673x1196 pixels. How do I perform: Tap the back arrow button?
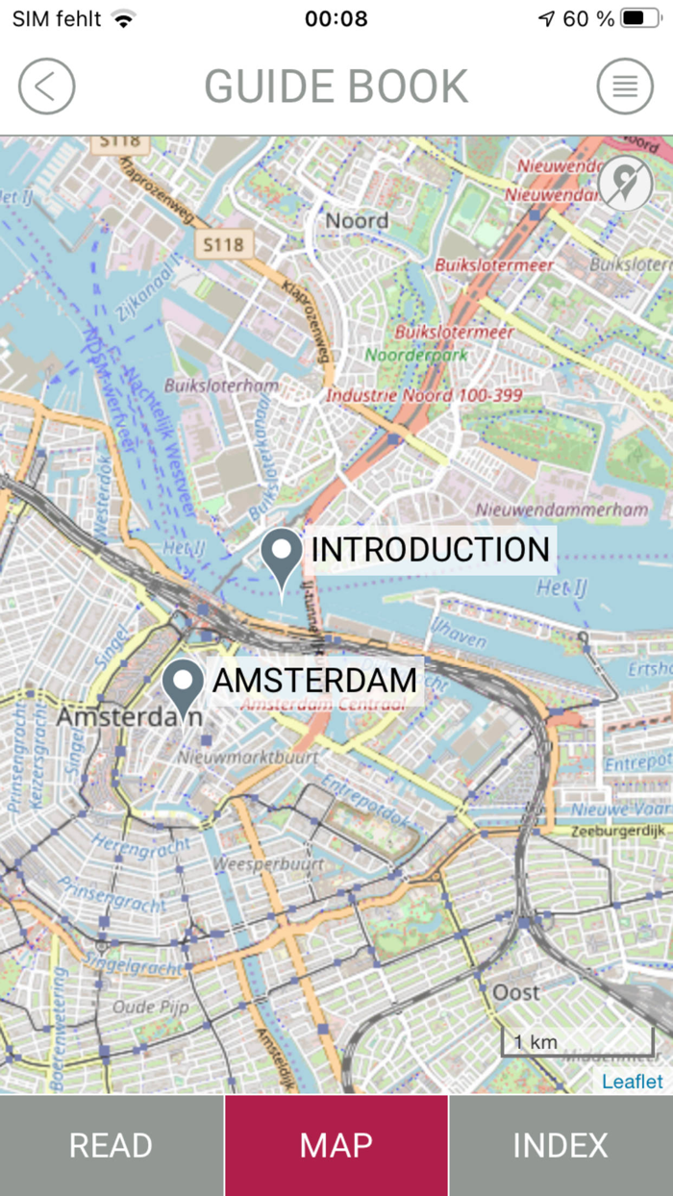pyautogui.click(x=46, y=87)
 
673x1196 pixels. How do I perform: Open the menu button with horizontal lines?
pyautogui.click(x=625, y=87)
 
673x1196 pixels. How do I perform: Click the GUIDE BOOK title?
pyautogui.click(x=336, y=87)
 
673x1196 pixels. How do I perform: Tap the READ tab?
pyautogui.click(x=112, y=1145)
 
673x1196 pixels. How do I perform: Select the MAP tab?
pyautogui.click(x=336, y=1145)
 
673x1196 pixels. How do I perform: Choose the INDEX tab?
pyautogui.click(x=561, y=1145)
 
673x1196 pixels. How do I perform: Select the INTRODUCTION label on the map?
pyautogui.click(x=430, y=550)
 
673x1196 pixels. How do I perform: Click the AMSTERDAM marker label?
pyautogui.click(x=314, y=680)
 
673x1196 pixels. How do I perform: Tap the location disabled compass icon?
pyautogui.click(x=625, y=183)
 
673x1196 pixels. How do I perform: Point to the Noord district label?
pyautogui.click(x=357, y=221)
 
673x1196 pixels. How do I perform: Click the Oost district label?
pyautogui.click(x=516, y=991)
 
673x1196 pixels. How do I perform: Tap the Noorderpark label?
pyautogui.click(x=416, y=354)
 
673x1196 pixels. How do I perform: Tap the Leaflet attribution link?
pyautogui.click(x=632, y=1082)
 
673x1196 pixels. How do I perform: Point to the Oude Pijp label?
pyautogui.click(x=150, y=1007)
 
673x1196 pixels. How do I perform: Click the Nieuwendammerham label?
pyautogui.click(x=562, y=510)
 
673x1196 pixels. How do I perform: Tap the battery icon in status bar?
pyautogui.click(x=638, y=18)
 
